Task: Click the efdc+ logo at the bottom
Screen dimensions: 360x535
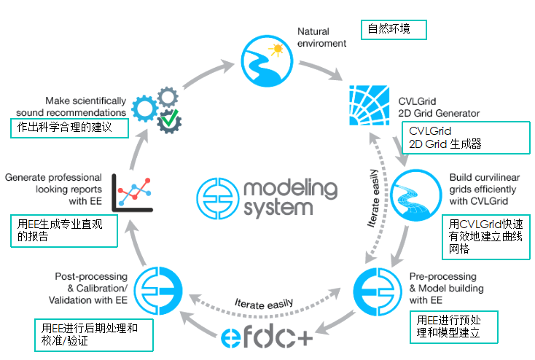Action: click(x=268, y=336)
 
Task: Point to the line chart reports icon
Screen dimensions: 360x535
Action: click(x=133, y=192)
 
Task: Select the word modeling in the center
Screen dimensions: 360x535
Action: click(x=288, y=189)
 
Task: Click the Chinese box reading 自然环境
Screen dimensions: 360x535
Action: click(x=394, y=30)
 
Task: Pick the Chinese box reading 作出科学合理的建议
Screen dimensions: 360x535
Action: click(x=69, y=128)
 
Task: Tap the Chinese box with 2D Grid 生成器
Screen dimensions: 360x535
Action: click(x=464, y=137)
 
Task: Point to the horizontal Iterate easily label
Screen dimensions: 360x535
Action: click(x=264, y=301)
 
